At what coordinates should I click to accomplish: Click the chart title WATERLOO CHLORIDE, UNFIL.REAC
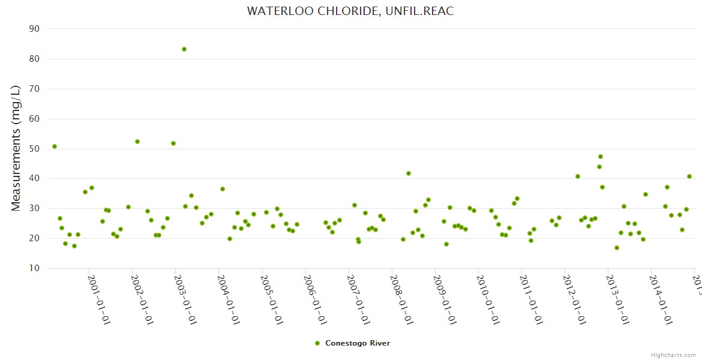(350, 11)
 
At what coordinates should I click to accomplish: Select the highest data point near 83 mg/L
(184, 49)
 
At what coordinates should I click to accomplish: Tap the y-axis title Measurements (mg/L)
(16, 148)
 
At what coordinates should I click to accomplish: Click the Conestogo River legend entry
(357, 343)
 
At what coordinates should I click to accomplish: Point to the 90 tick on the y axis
(34, 29)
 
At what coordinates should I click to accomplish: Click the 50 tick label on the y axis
(34, 149)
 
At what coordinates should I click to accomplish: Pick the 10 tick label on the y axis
(34, 268)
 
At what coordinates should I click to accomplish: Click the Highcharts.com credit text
(673, 355)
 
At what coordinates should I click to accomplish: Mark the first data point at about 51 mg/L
(55, 146)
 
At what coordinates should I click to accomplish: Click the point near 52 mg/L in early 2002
(137, 142)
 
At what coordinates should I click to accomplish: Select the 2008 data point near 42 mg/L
(409, 173)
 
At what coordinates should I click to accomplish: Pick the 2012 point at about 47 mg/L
(601, 157)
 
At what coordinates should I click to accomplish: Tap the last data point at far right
(689, 176)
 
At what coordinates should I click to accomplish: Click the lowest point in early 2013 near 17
(617, 248)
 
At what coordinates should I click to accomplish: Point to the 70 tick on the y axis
(34, 89)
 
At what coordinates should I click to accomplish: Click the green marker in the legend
(317, 343)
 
